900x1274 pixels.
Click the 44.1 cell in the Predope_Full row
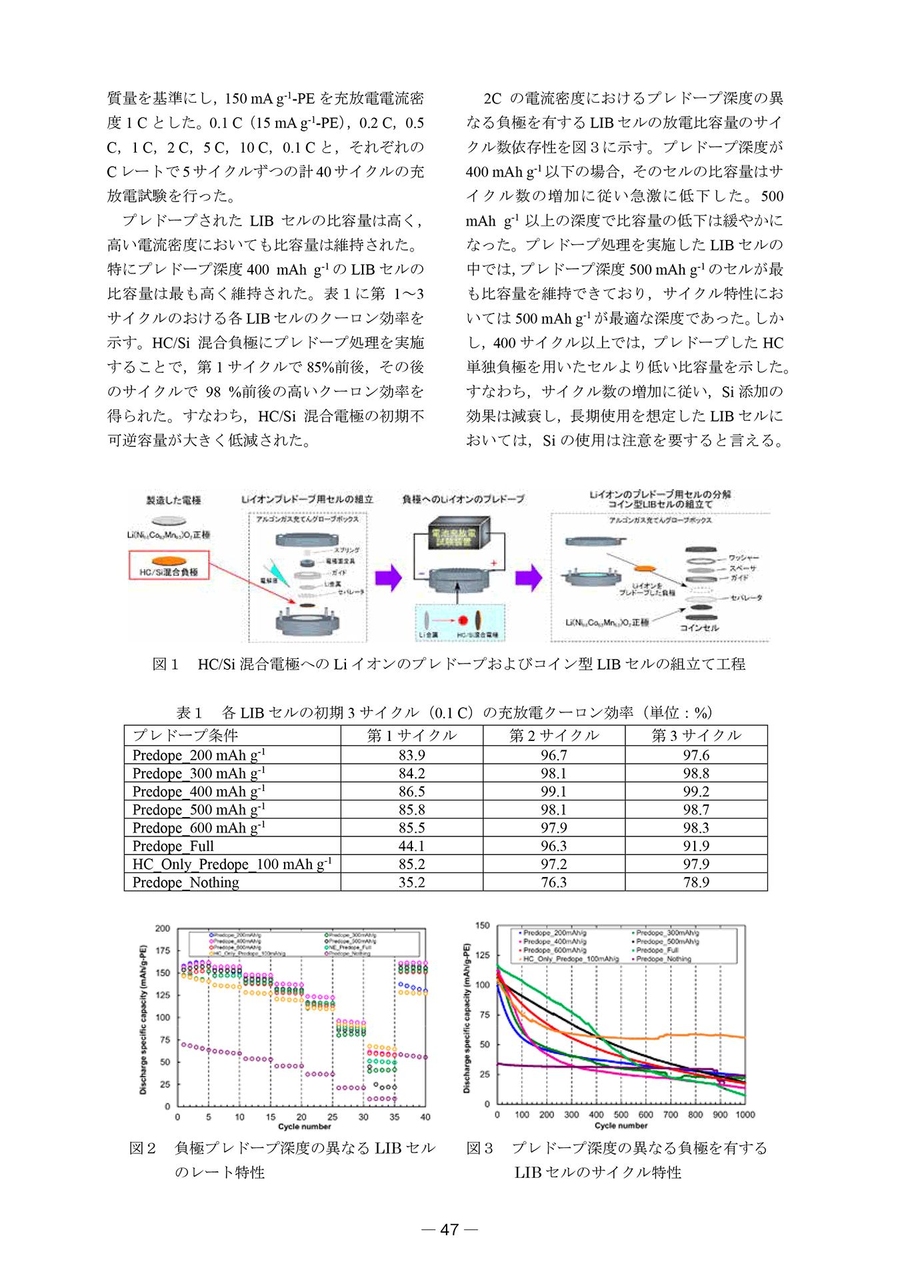tap(411, 846)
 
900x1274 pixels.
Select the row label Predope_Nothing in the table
tap(185, 882)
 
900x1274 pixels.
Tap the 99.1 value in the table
tap(553, 792)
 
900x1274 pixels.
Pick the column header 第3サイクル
tap(696, 735)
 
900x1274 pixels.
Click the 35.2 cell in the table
tap(411, 882)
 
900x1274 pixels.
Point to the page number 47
tap(449, 1229)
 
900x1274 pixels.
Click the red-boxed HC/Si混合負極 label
tap(169, 572)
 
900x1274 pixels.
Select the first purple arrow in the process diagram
tap(388, 578)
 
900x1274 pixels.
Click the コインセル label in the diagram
tap(699, 628)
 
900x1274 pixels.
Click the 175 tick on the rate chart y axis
tap(163, 950)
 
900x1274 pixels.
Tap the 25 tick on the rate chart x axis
tap(332, 1117)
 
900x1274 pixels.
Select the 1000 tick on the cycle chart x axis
tap(745, 1115)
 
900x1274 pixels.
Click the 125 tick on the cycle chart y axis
tap(483, 955)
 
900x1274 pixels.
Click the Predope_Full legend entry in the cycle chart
tap(657, 950)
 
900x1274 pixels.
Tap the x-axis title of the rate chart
tap(304, 1127)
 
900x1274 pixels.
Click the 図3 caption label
tap(479, 1148)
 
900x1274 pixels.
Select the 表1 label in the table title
tap(189, 712)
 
